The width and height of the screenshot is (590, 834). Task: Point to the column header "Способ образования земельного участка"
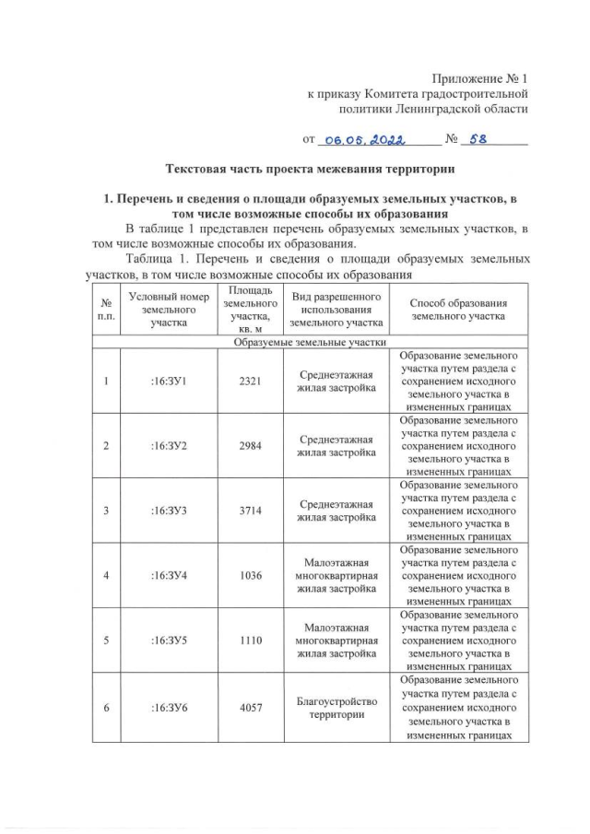click(457, 309)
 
